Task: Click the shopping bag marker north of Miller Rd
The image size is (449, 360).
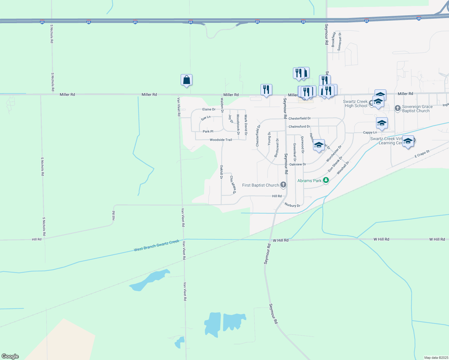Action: tap(186, 80)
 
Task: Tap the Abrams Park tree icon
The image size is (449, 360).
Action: tap(326, 181)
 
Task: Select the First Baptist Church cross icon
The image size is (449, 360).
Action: tap(283, 185)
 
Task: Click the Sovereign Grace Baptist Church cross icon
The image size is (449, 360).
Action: tap(398, 108)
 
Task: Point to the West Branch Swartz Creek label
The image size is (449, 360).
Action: tap(156, 245)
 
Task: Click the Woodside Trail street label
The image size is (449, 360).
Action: tap(221, 140)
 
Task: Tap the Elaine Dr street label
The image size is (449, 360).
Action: tap(209, 109)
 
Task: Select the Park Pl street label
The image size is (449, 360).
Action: tap(208, 131)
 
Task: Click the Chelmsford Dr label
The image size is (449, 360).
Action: tap(299, 127)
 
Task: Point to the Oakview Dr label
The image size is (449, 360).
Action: tap(297, 164)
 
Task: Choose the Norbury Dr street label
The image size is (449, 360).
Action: tap(292, 205)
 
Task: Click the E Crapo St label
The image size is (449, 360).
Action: tap(422, 154)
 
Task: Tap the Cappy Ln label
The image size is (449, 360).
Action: tap(370, 132)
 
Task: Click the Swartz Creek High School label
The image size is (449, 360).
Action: tap(356, 104)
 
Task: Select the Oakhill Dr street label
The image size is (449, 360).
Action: tap(221, 172)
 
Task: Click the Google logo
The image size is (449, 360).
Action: tap(10, 356)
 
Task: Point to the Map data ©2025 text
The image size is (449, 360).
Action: tap(436, 358)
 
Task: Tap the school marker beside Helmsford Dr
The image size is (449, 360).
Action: tap(319, 145)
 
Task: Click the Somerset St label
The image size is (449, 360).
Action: tap(340, 41)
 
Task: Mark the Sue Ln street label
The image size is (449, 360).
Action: tap(206, 118)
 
